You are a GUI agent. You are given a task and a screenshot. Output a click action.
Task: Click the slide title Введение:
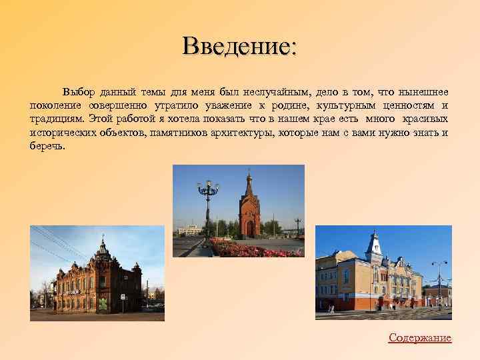[x=240, y=46]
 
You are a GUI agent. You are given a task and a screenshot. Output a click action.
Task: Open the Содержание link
[x=420, y=338]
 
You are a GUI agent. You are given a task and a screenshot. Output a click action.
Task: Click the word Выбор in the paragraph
[x=79, y=91]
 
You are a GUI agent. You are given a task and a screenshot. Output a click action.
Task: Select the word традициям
[x=56, y=119]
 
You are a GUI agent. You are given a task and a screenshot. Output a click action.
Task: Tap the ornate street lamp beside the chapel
[x=208, y=200]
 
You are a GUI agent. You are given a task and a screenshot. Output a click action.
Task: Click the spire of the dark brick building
[x=102, y=247]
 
